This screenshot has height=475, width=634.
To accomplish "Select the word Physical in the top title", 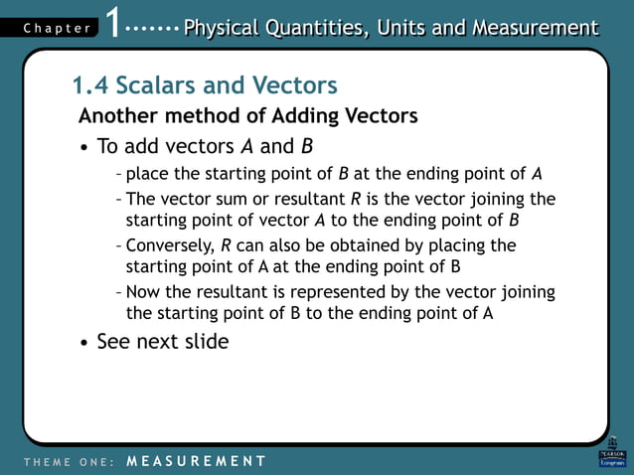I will (x=225, y=27).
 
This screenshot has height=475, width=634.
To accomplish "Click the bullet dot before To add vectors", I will (x=83, y=148).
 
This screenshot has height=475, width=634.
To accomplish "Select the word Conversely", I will (x=170, y=245).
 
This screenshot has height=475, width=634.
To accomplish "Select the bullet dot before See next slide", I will (x=83, y=343).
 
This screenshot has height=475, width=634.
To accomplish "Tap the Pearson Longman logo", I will (x=612, y=452).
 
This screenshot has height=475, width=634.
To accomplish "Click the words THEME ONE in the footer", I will (x=65, y=461).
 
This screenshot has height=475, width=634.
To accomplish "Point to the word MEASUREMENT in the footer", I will (x=197, y=461).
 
